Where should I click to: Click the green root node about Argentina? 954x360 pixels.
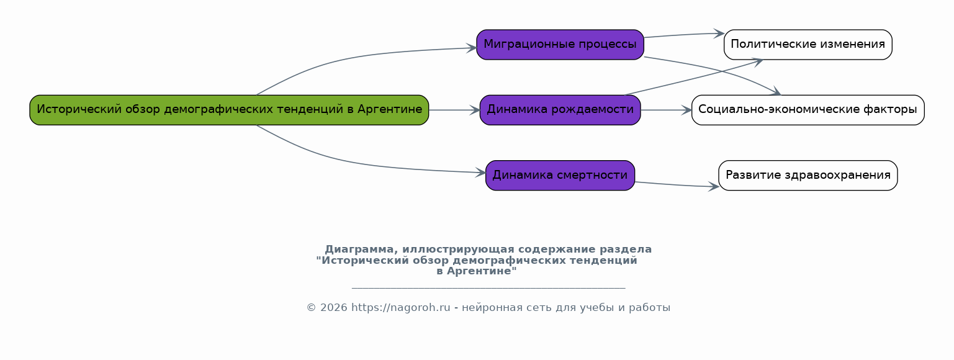[x=229, y=110]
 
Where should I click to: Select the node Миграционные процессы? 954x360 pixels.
[x=560, y=45]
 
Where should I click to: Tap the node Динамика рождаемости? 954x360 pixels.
[x=560, y=110]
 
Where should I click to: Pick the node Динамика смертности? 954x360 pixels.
[x=560, y=175]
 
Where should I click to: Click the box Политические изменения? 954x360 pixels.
[x=808, y=45]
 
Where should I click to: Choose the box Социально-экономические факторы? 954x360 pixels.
[x=808, y=110]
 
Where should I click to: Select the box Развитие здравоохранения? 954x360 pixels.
[x=808, y=175]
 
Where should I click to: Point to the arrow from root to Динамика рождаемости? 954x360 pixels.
[x=454, y=110]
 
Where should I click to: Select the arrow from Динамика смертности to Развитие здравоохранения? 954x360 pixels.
[x=677, y=185]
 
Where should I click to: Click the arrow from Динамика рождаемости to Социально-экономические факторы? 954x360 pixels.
[x=666, y=110]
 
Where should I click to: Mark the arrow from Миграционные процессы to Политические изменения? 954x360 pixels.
[x=683, y=35]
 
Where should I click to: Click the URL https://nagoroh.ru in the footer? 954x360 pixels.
[x=400, y=308]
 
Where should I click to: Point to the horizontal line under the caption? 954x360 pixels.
[x=488, y=288]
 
